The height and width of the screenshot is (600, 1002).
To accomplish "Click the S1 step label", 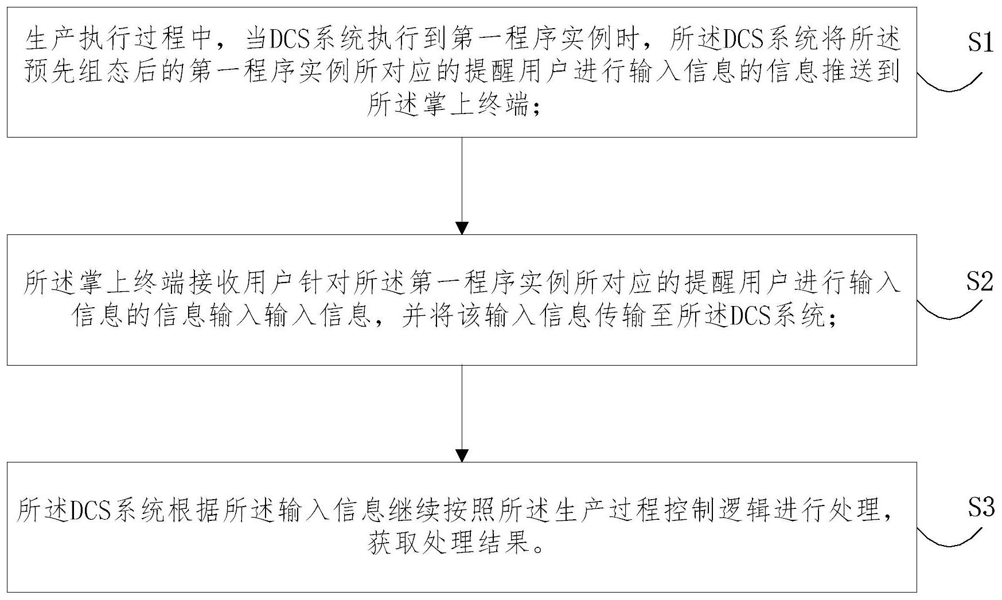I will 980,43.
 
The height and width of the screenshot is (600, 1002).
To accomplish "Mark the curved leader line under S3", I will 950,538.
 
